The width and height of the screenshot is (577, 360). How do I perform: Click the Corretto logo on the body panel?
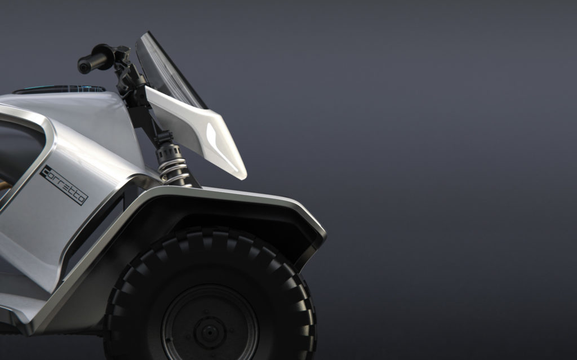[x=64, y=185]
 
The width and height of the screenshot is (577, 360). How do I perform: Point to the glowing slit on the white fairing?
[x=223, y=145]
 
